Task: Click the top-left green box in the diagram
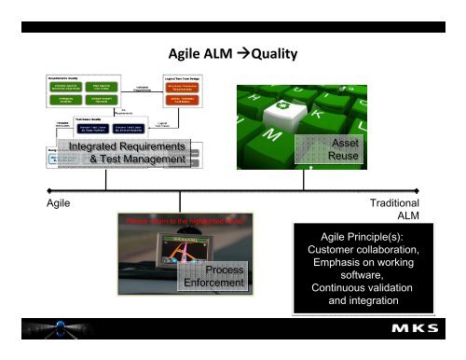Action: tap(71, 88)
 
